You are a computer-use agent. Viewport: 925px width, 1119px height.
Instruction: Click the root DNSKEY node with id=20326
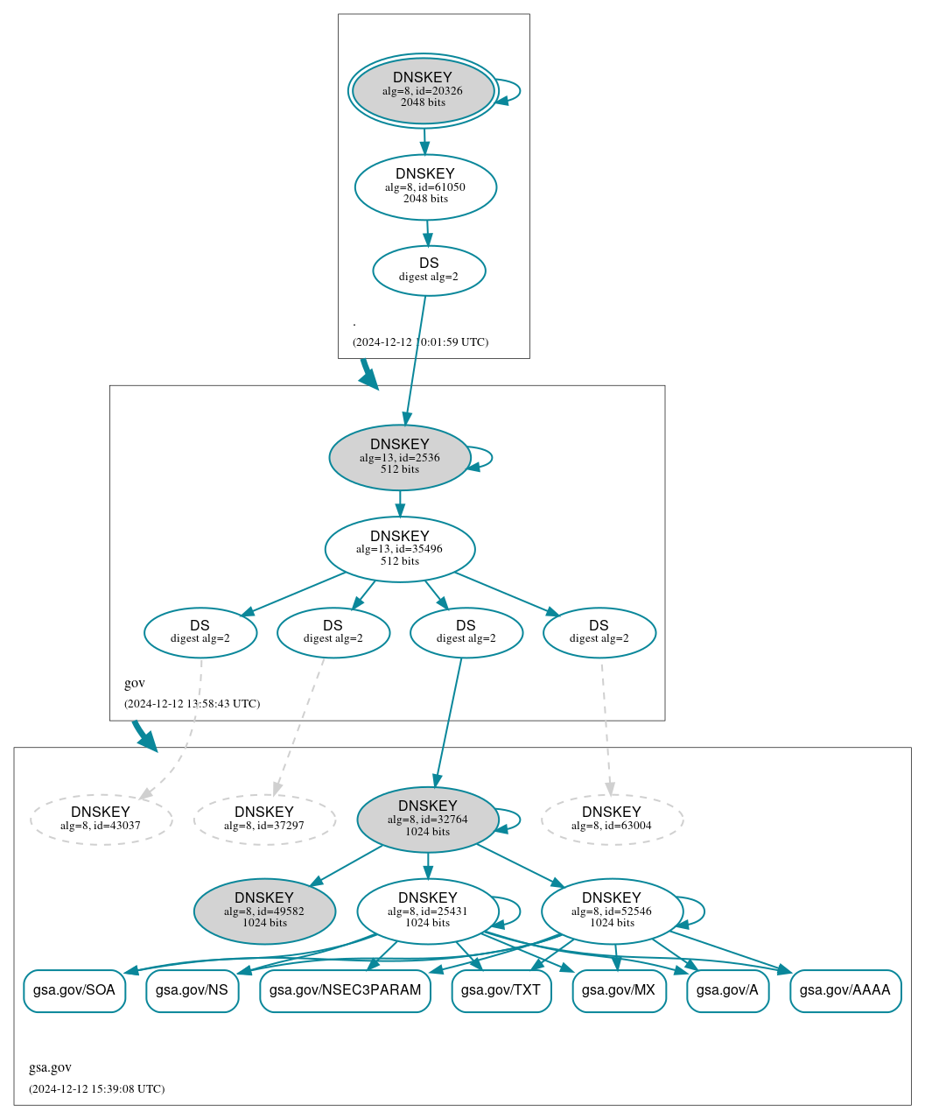[423, 90]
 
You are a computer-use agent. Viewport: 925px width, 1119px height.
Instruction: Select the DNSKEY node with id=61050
[425, 187]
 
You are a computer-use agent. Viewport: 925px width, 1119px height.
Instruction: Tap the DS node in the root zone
[429, 271]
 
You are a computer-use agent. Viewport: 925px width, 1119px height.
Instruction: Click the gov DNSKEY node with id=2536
[400, 457]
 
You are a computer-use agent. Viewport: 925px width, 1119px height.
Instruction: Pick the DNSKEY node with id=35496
[400, 549]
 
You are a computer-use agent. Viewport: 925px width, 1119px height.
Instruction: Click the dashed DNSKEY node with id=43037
[101, 820]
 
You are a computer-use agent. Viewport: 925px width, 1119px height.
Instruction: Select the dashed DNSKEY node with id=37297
[264, 820]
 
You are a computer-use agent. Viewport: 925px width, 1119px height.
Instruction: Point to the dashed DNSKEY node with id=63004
[612, 820]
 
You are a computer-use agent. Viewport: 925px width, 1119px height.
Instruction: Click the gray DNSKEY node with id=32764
[428, 820]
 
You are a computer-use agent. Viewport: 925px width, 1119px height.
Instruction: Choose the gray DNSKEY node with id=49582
[264, 911]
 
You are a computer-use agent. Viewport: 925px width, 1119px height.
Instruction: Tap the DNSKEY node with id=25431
[428, 911]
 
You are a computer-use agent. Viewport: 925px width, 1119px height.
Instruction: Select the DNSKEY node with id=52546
[612, 911]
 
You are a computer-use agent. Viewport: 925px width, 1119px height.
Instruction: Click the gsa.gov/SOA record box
[74, 990]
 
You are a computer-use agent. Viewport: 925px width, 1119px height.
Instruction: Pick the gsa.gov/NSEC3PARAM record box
[345, 990]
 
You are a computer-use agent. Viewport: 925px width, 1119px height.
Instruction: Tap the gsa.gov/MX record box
[619, 990]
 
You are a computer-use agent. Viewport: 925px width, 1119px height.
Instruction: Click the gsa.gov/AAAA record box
[845, 990]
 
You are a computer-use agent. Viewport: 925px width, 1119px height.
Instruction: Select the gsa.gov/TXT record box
[501, 990]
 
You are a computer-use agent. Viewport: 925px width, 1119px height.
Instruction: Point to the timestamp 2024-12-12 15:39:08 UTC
[96, 1089]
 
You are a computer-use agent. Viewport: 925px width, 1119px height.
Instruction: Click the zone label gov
[135, 683]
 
